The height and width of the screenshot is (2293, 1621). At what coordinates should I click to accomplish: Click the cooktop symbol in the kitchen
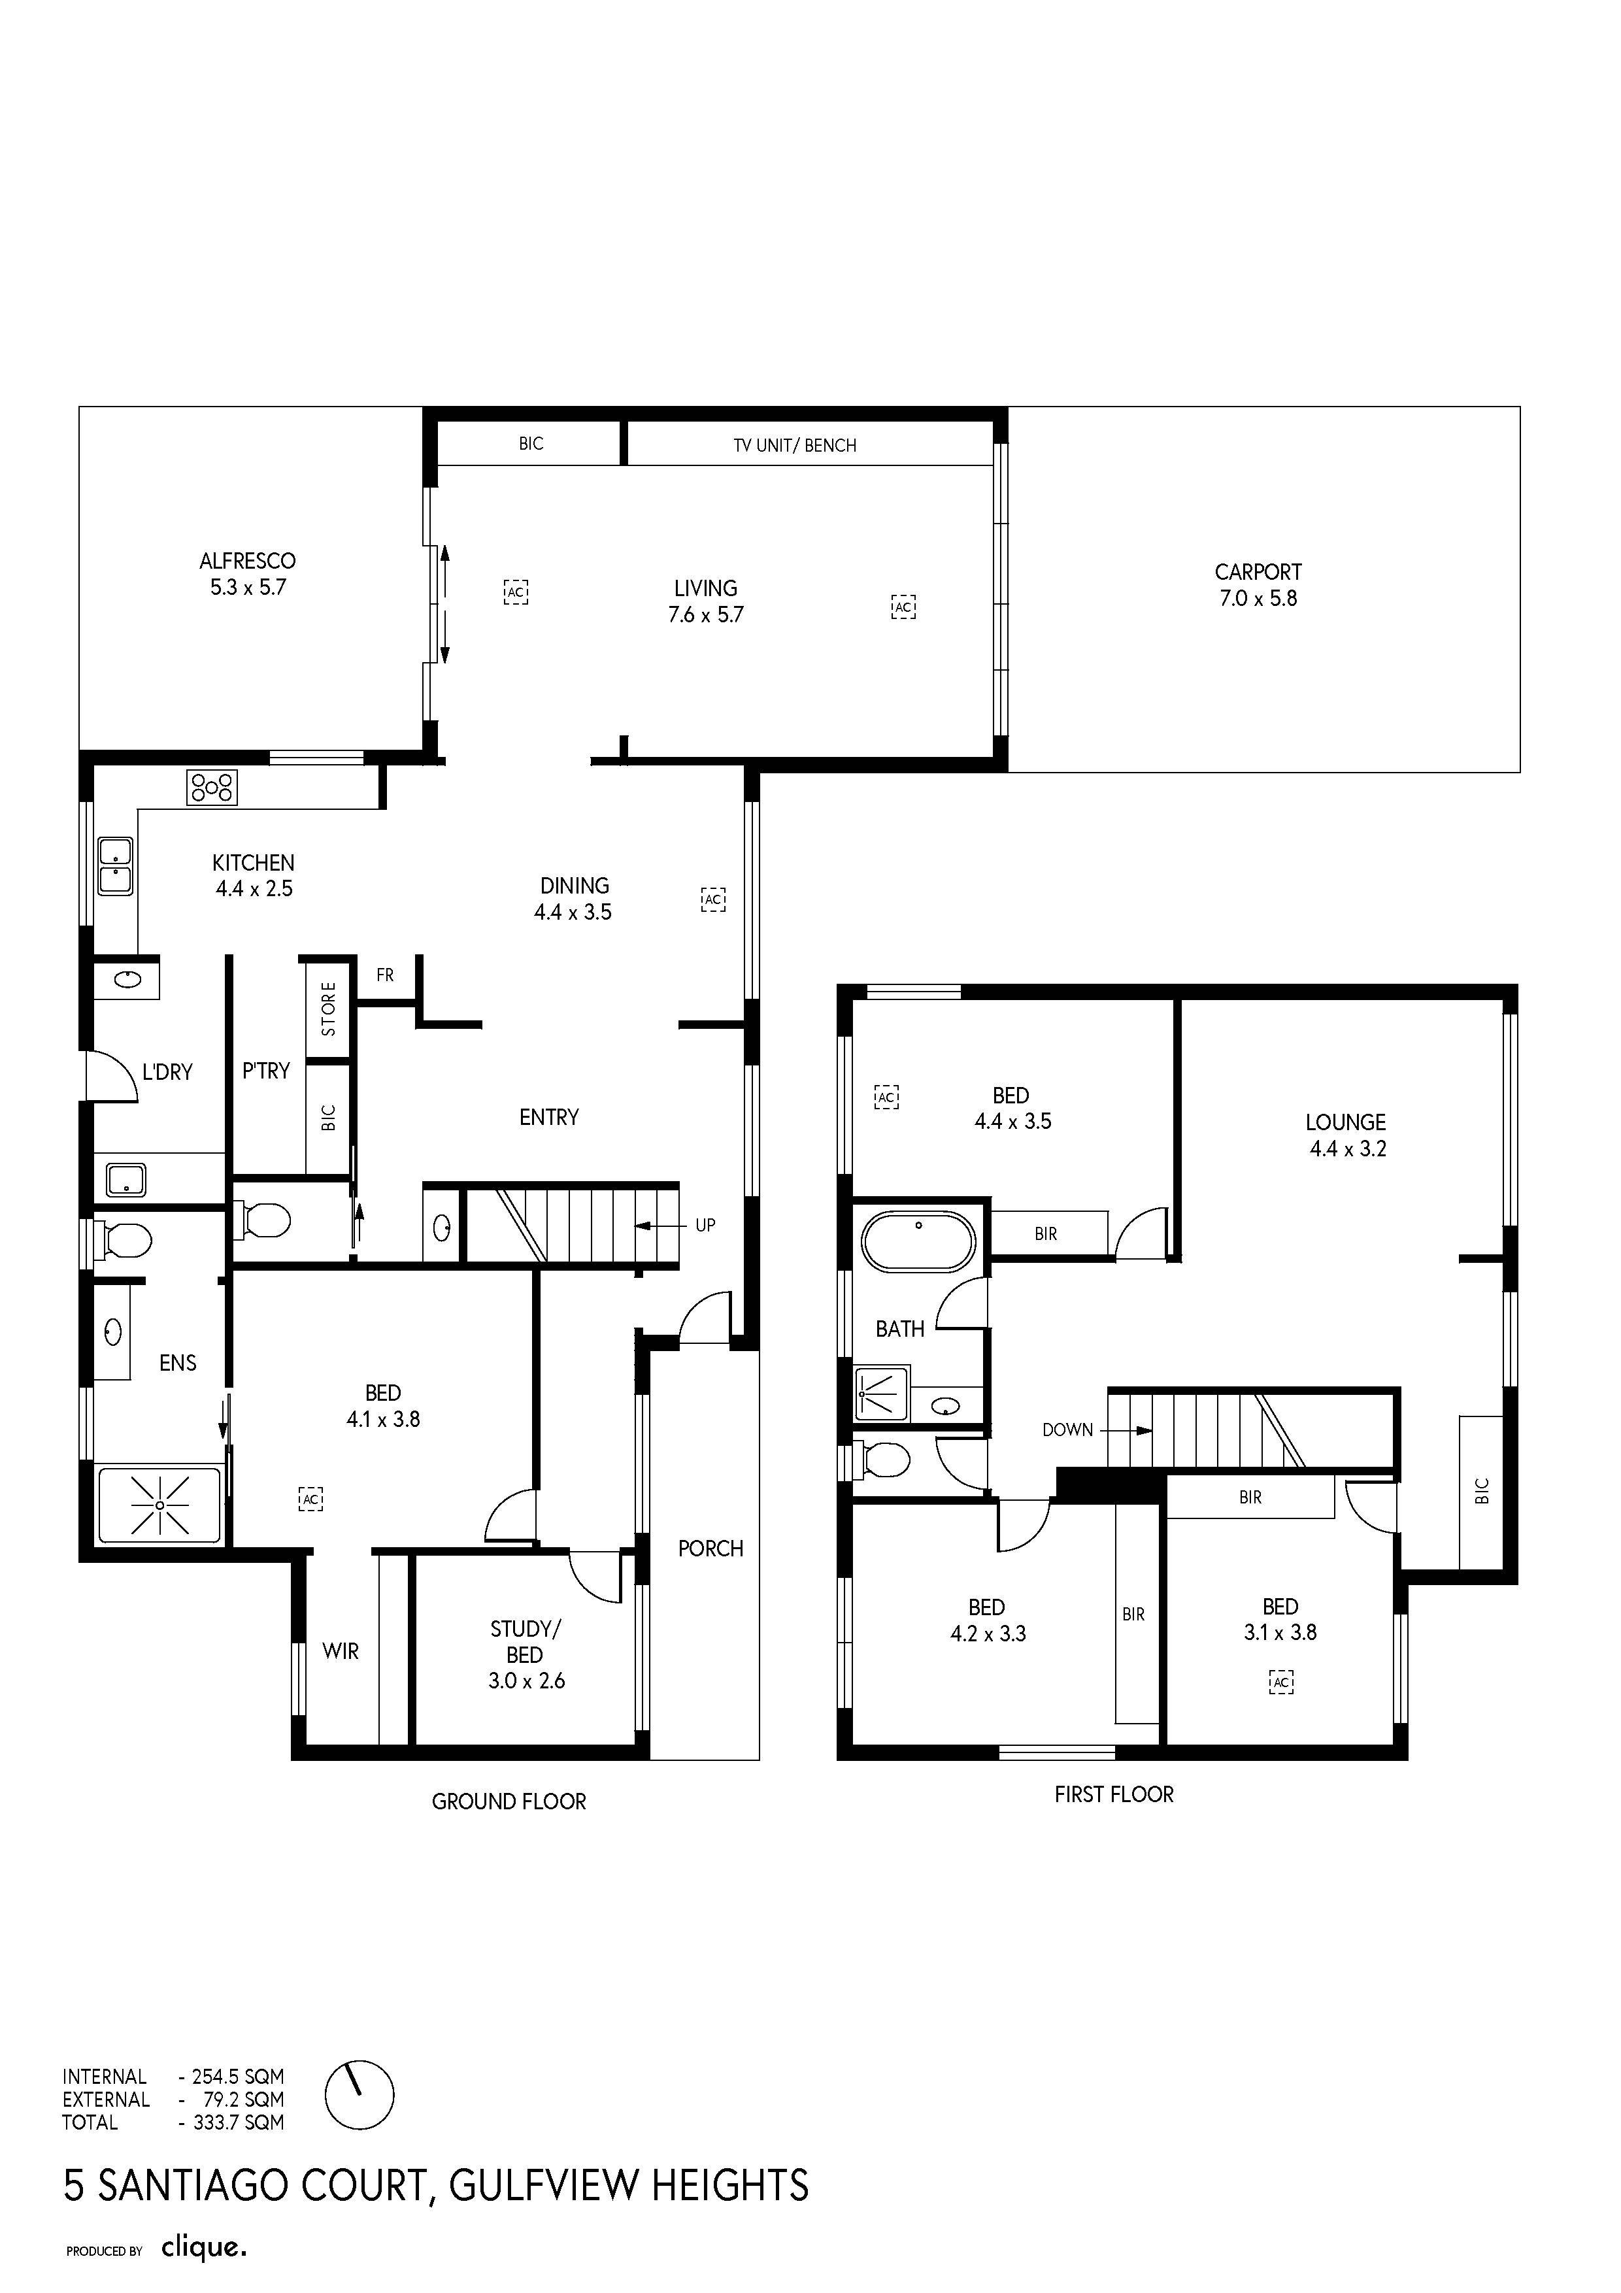(x=212, y=788)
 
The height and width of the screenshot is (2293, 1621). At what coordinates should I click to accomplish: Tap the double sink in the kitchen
(x=116, y=866)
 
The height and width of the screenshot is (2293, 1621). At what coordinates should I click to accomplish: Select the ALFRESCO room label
(x=248, y=561)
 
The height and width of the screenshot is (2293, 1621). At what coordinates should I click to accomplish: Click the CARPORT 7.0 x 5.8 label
(x=1258, y=585)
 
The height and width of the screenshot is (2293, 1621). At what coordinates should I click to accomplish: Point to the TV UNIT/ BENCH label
(x=795, y=445)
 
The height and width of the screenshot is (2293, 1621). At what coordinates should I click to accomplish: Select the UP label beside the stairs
(x=705, y=1226)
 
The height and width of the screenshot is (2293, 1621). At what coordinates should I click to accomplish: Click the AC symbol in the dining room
(x=713, y=900)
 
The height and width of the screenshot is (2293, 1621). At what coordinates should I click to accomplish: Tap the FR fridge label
(x=386, y=975)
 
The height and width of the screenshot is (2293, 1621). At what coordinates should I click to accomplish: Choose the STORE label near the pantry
(x=329, y=1009)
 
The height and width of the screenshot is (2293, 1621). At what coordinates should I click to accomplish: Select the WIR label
(x=341, y=1652)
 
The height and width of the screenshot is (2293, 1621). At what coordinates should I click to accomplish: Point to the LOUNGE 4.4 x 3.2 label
(x=1346, y=1135)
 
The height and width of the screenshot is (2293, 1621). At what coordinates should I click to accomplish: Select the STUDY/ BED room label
(x=526, y=1655)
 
